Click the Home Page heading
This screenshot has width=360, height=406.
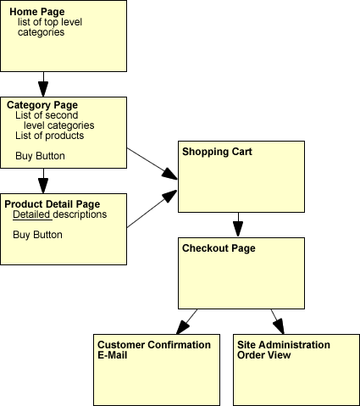click(x=37, y=12)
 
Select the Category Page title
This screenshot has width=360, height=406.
click(x=42, y=105)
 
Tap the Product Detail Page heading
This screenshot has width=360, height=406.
click(x=53, y=204)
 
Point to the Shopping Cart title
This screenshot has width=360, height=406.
click(x=217, y=152)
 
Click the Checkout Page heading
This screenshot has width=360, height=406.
click(x=219, y=248)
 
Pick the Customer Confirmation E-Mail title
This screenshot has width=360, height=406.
click(x=154, y=350)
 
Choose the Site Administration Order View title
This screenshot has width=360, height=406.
click(x=284, y=350)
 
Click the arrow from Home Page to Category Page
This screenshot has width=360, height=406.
click(x=43, y=84)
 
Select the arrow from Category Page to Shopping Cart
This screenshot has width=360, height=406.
click(x=152, y=164)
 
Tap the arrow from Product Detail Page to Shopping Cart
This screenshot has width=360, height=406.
click(x=152, y=209)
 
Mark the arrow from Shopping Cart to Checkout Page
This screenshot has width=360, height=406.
click(x=238, y=225)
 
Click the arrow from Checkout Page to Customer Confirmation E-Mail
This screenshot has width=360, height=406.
click(x=187, y=321)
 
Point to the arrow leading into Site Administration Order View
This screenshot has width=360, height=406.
click(x=278, y=321)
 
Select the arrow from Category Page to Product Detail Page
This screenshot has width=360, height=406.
click(x=43, y=181)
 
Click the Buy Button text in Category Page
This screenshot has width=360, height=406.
click(x=40, y=156)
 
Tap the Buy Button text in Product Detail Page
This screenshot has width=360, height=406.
click(x=37, y=235)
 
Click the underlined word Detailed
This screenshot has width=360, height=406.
click(x=31, y=214)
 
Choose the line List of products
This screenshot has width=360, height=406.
click(x=50, y=136)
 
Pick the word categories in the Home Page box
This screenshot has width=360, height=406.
click(x=41, y=32)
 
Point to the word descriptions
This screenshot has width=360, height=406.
click(x=80, y=214)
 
